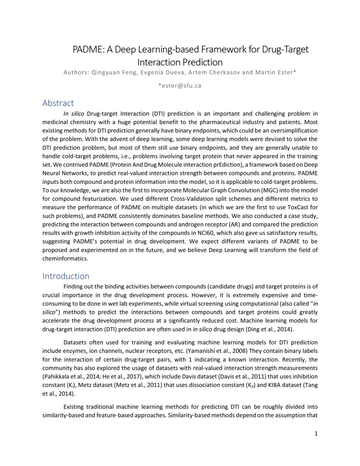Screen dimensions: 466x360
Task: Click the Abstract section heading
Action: point(58,103)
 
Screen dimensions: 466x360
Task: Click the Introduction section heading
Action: point(66,276)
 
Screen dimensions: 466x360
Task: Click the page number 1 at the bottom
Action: point(316,433)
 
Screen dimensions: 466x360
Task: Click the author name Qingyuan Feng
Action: point(113,72)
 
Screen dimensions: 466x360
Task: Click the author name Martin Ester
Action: point(275,72)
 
